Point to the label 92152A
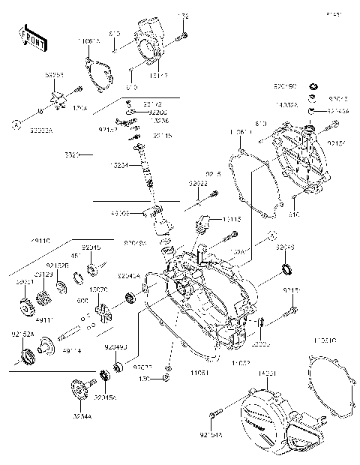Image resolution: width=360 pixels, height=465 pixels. click(21, 333)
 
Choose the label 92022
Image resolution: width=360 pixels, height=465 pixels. click(197, 182)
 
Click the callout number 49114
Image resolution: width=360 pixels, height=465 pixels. click(72, 349)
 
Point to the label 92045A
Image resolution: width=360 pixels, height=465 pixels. click(103, 398)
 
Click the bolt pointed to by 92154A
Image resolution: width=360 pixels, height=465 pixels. click(217, 413)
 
